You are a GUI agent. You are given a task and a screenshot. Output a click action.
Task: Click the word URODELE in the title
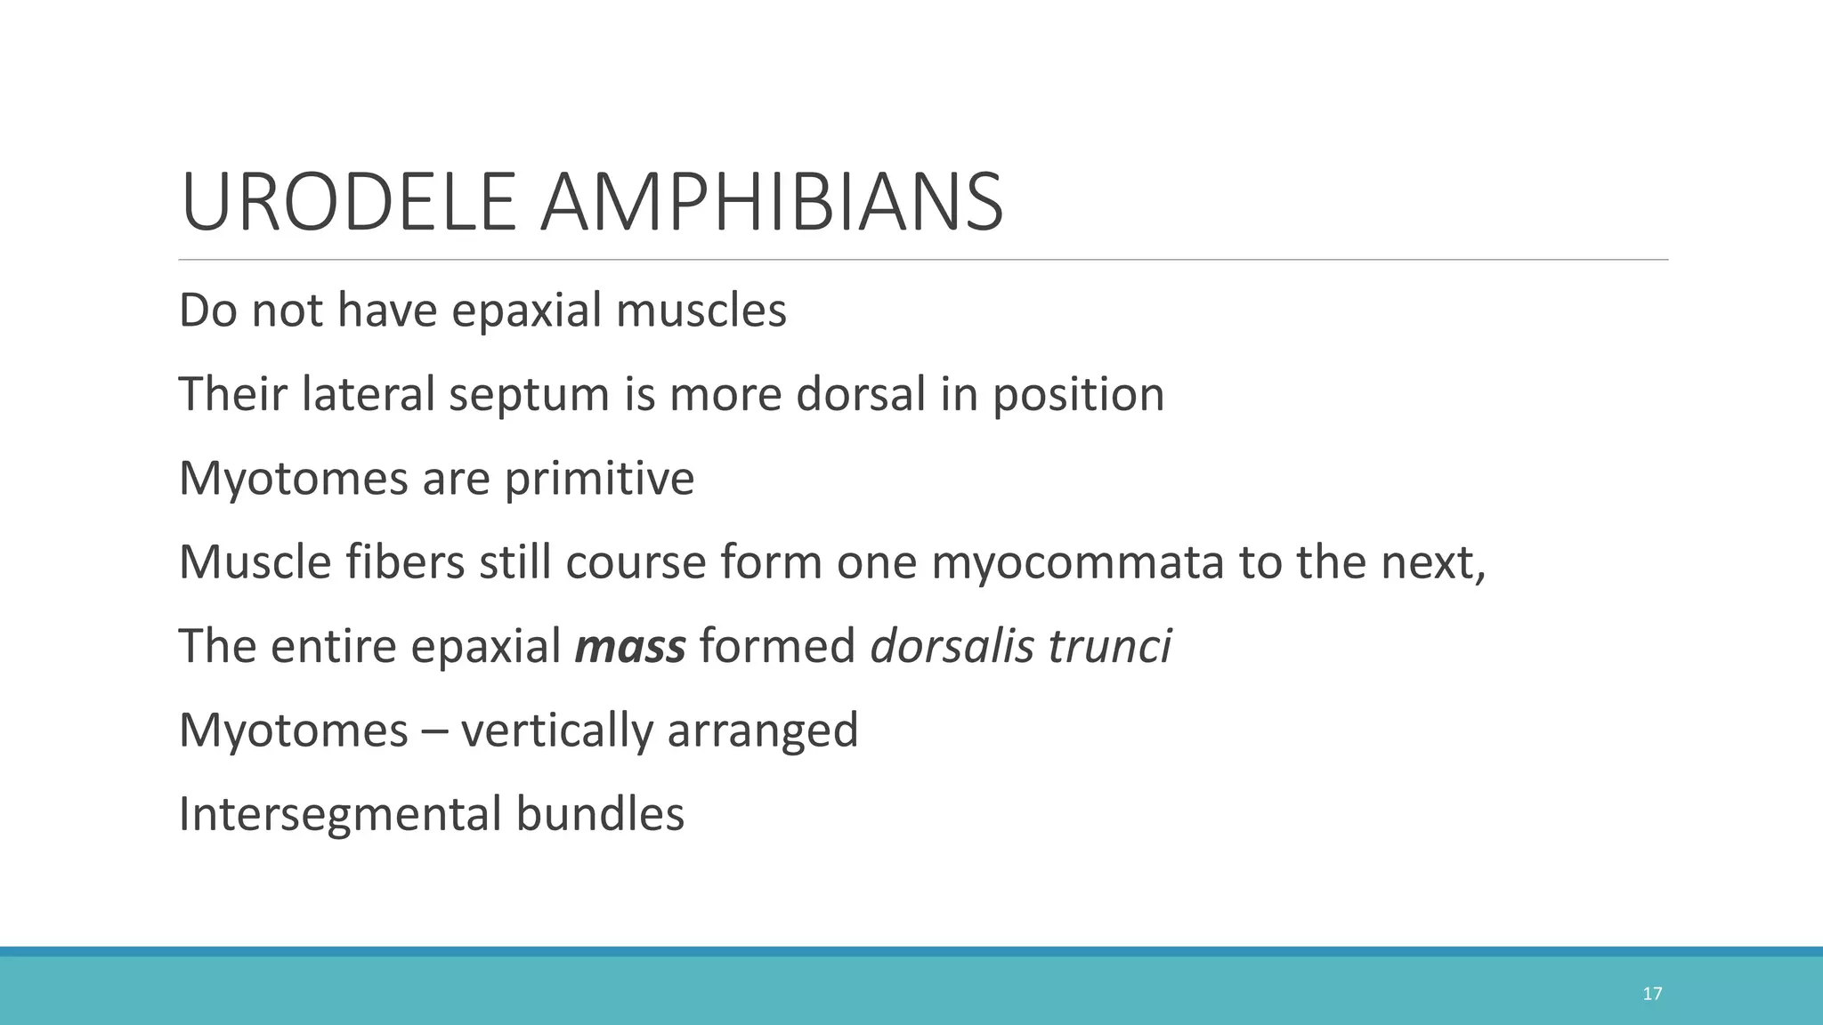tap(348, 203)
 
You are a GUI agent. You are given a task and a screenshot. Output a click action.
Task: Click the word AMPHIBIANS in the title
tap(772, 203)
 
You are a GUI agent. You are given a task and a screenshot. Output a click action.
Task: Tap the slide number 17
tap(1652, 994)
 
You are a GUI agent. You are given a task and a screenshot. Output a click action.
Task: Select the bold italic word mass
tap(630, 646)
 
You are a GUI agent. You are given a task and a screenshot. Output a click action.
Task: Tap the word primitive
tap(599, 480)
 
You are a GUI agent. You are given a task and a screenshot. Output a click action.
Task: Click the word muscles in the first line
tap(701, 311)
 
